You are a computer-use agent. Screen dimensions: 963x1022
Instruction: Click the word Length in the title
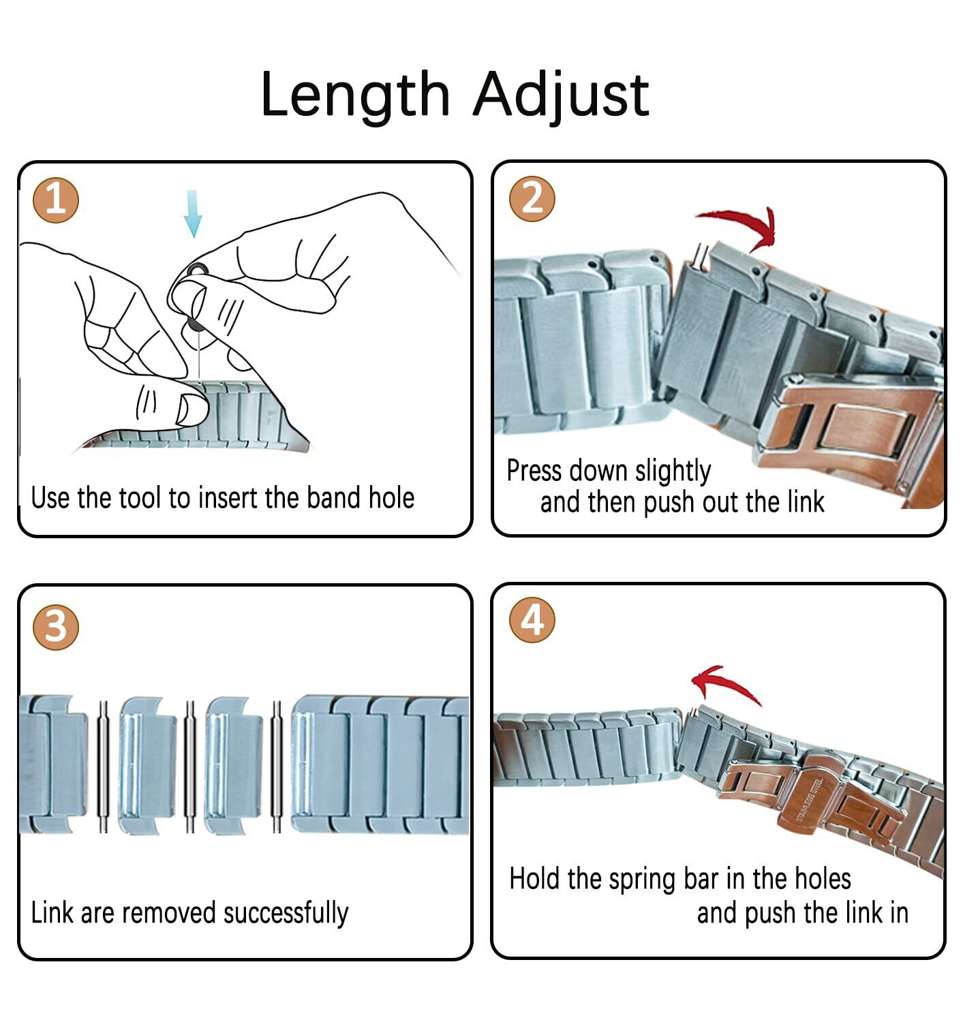355,95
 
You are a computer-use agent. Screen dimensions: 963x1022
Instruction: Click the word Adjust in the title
561,95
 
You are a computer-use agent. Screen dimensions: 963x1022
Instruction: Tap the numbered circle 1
56,200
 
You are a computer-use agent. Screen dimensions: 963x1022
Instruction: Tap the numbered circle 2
532,199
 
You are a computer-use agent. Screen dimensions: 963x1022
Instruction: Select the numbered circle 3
56,628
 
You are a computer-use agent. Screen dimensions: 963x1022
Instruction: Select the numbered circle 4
532,620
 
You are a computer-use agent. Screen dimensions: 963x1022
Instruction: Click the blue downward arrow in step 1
193,213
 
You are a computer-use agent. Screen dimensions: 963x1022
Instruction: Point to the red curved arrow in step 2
737,228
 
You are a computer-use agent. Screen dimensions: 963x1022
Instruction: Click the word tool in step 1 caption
137,498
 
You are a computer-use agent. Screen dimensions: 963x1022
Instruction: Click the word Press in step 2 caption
534,471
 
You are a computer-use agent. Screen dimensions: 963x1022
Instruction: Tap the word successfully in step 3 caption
286,914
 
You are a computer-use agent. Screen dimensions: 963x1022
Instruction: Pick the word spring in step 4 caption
642,880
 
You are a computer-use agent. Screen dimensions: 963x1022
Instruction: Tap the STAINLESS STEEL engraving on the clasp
809,800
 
